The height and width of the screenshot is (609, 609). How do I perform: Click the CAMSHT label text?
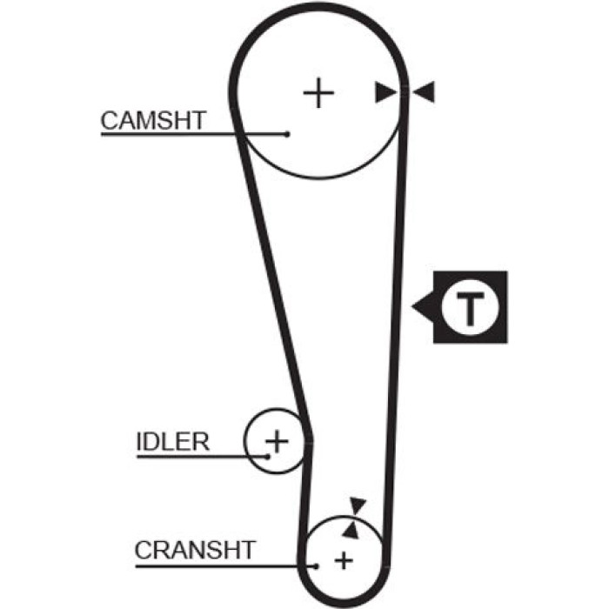coord(153,120)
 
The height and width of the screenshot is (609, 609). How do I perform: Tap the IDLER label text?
coord(173,442)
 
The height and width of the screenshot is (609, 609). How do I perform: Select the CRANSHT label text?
coord(195,550)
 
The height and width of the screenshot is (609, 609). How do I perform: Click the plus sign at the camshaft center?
coord(318,93)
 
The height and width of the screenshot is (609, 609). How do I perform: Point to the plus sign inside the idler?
coord(277,441)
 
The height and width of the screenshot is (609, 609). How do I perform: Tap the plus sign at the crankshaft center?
coord(344,561)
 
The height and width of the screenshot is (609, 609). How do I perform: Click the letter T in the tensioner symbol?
coord(471,309)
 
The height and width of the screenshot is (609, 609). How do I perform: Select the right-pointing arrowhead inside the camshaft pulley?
coord(385,92)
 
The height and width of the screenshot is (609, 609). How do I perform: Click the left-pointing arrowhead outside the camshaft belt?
coord(424,92)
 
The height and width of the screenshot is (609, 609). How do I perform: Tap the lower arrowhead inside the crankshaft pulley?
coord(351,531)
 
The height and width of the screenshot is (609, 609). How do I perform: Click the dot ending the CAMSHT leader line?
coord(287,134)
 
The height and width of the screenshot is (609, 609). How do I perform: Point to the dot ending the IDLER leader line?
coord(267,457)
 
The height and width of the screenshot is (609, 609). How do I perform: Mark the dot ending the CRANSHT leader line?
coord(316,566)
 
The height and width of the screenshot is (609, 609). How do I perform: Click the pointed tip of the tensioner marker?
coord(412,306)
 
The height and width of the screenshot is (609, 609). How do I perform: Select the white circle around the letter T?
coord(470,279)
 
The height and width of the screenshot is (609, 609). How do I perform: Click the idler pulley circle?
coord(244,441)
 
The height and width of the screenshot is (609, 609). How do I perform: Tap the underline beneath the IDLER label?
coord(202,457)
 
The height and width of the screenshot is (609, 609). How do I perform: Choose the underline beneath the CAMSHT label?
coord(194,134)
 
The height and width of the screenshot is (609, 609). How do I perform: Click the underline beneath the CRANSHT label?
coord(225,566)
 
